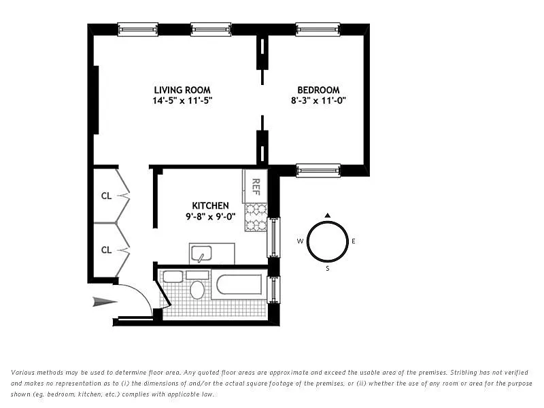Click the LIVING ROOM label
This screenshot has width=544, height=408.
coord(182,90)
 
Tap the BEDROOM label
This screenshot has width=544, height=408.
coord(318,90)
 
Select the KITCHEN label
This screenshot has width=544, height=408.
coord(210,206)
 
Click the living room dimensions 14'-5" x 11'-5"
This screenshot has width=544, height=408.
coord(182,101)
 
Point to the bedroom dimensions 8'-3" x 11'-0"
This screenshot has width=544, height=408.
coord(318,101)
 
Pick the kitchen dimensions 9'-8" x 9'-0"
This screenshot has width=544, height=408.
coord(210,217)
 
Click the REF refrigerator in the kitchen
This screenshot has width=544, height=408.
coord(256,186)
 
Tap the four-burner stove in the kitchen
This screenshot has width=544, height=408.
coord(256,218)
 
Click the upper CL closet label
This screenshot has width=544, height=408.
coord(106,196)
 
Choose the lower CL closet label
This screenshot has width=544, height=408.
coord(106,250)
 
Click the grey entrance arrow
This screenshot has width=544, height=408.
coord(105,302)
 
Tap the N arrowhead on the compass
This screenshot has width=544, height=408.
coord(327,216)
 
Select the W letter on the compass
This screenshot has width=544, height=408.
coord(300,241)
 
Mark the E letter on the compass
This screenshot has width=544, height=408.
coord(354,241)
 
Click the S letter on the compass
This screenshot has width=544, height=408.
coord(328,269)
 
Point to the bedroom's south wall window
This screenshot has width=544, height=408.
coord(318,171)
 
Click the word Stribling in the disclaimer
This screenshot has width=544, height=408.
coord(464,373)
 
